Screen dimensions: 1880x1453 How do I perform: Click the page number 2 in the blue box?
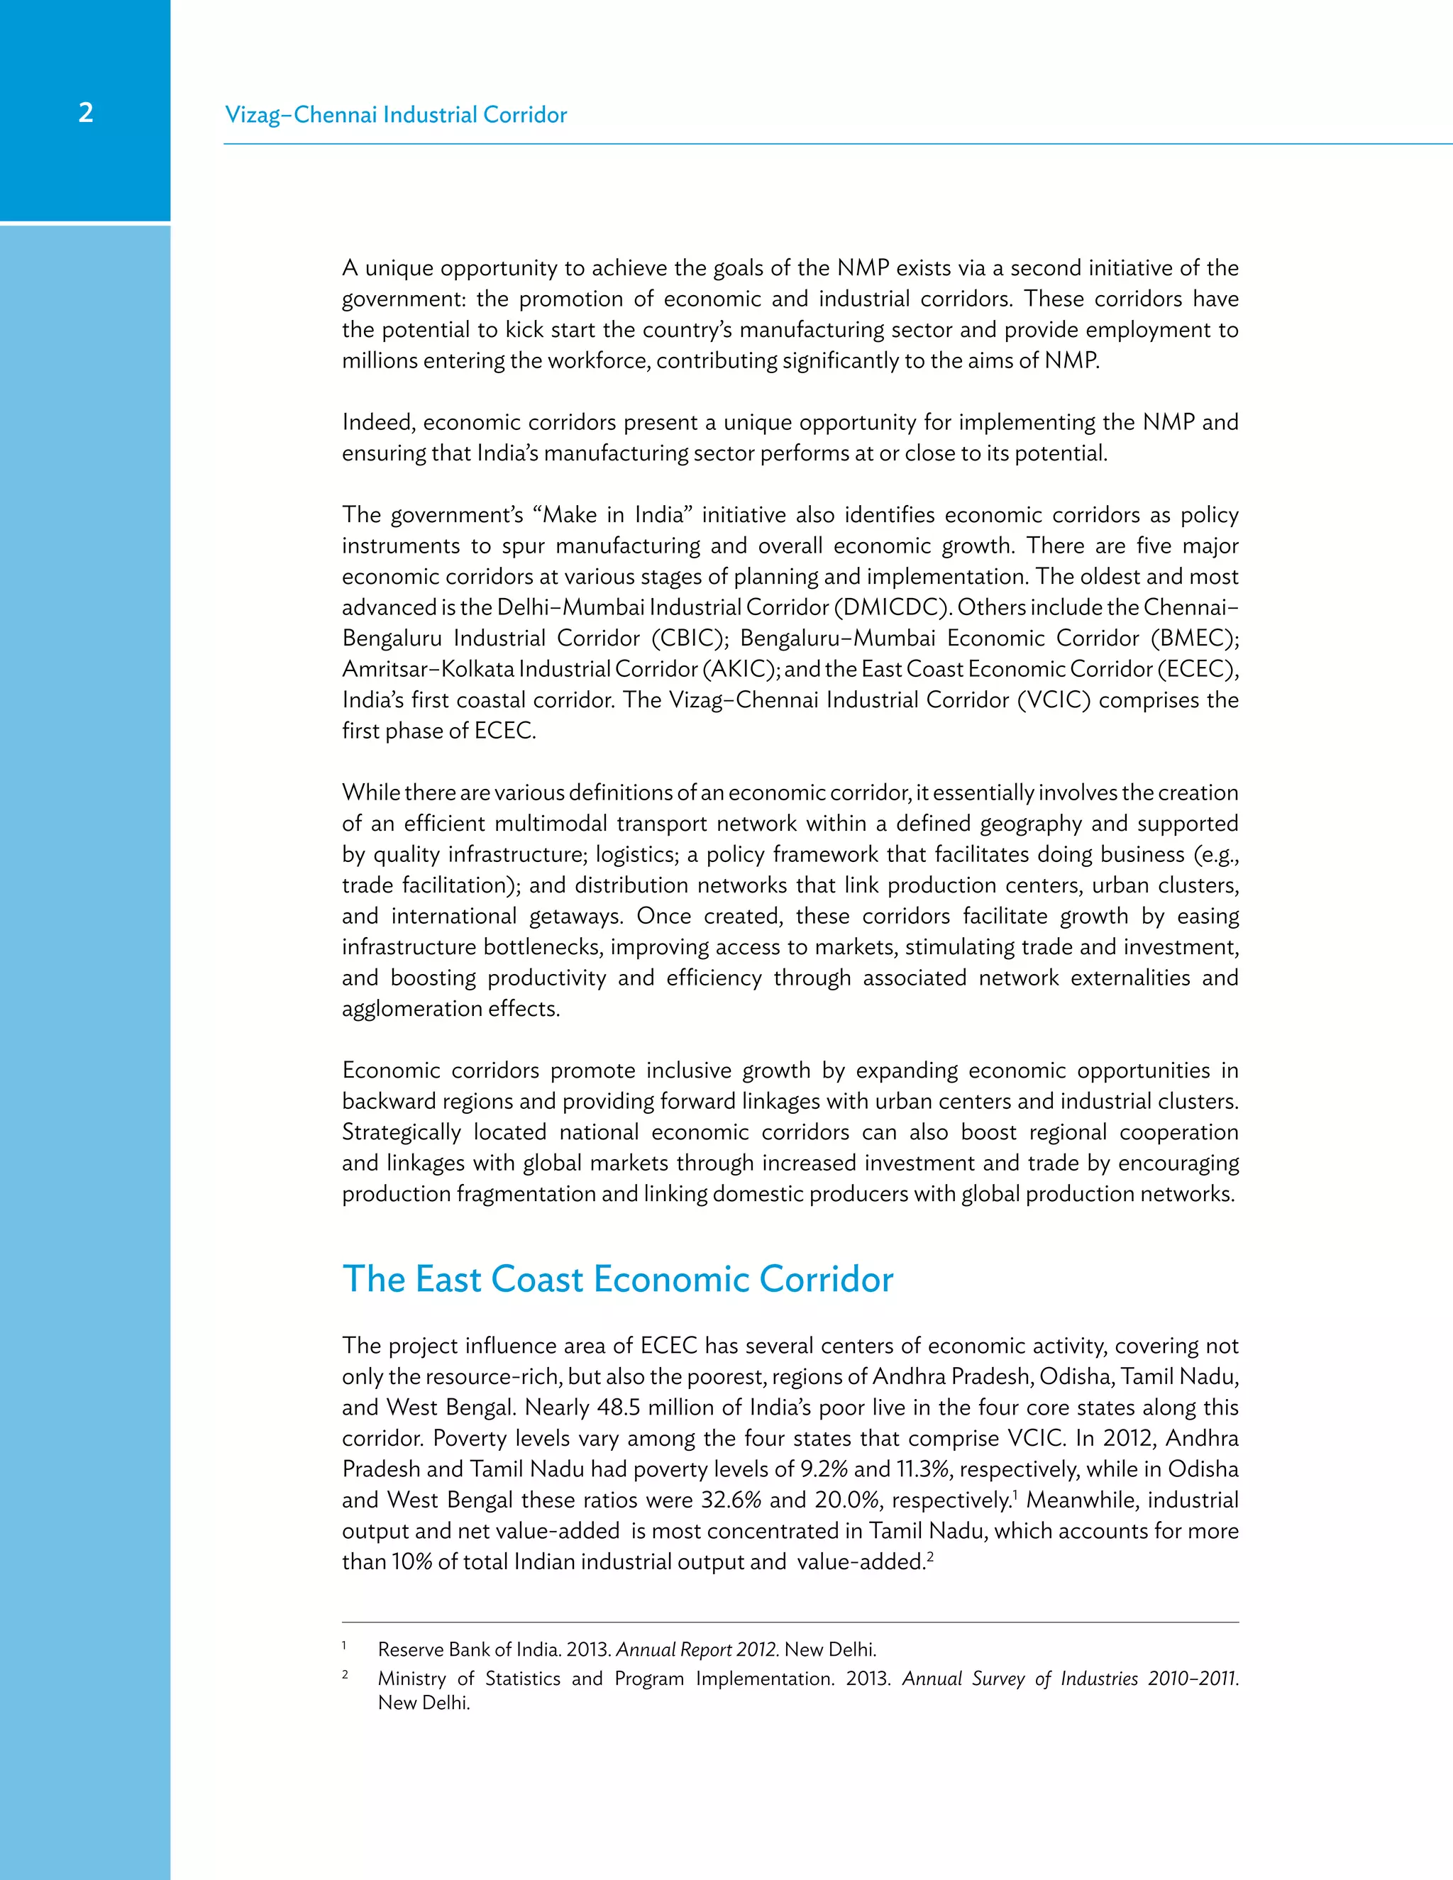click(x=85, y=113)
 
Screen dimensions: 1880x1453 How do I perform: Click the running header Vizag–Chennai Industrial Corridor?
click(x=396, y=114)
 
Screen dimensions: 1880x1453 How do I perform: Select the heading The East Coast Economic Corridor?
click(x=617, y=1279)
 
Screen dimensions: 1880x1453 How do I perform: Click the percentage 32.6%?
click(x=731, y=1500)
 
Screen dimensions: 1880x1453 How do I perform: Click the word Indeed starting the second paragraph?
click(x=376, y=423)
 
